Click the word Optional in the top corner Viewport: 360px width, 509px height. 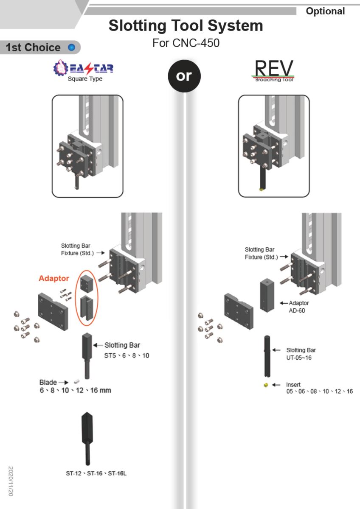(325, 11)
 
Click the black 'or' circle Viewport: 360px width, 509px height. (184, 76)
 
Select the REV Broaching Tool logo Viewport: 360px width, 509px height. (274, 70)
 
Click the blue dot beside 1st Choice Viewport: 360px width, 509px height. (71, 48)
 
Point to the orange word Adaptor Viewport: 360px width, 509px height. (53, 279)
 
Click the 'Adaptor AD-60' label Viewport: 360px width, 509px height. (299, 307)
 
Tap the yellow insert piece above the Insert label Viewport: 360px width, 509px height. (266, 385)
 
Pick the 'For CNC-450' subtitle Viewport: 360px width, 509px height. (186, 43)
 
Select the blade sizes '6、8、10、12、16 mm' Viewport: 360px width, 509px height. (76, 390)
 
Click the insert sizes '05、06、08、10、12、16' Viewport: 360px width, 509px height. (319, 392)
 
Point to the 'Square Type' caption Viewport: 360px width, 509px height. (85, 79)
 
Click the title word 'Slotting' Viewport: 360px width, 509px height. (137, 26)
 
